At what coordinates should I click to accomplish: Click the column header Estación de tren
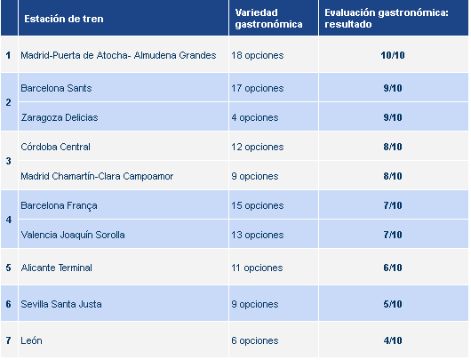tap(58, 19)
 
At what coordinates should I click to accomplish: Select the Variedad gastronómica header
tap(266, 19)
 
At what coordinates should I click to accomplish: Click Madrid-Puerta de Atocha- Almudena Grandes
tap(118, 55)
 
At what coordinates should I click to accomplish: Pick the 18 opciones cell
tap(259, 55)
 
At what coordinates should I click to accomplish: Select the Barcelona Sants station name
tap(55, 88)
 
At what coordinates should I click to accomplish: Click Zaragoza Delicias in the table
tap(60, 117)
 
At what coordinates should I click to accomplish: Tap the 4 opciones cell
tap(256, 117)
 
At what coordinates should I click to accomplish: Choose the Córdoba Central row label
tap(55, 147)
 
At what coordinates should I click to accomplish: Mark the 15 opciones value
tap(259, 205)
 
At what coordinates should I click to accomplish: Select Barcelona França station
tap(59, 205)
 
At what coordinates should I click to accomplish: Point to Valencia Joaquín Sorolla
tap(73, 235)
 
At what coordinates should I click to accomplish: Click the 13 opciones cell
tap(259, 235)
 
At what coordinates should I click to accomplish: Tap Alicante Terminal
tap(56, 268)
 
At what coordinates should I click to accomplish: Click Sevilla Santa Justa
tap(61, 304)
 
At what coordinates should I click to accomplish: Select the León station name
tap(32, 340)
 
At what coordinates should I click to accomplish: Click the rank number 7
tap(8, 340)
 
